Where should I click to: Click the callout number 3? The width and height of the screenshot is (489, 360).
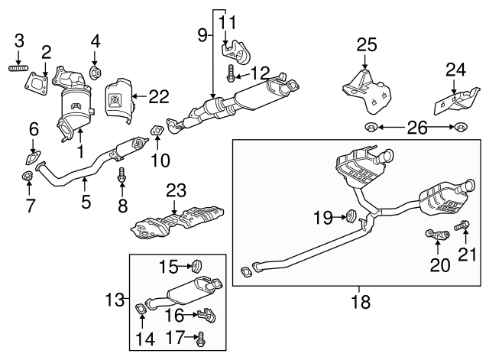pyautogui.click(x=20, y=40)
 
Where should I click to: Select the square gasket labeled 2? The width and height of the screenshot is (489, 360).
pyautogui.click(x=37, y=79)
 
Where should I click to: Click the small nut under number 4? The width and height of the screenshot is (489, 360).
pyautogui.click(x=96, y=73)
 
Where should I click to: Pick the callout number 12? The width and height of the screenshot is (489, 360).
pyautogui.click(x=260, y=73)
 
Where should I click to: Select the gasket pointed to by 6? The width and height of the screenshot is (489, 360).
pyautogui.click(x=33, y=159)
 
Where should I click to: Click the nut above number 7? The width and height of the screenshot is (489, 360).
pyautogui.click(x=27, y=179)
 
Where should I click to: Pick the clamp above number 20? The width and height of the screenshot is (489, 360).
pyautogui.click(x=435, y=232)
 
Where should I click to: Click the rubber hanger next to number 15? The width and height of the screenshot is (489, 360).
pyautogui.click(x=196, y=266)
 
